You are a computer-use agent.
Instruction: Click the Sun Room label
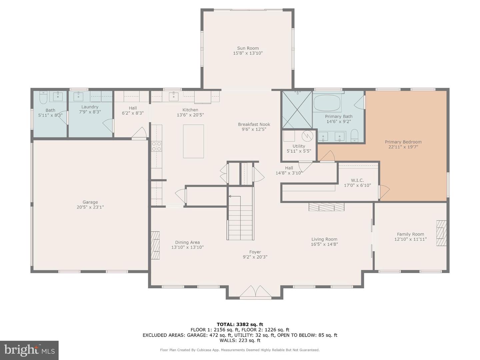click(248, 48)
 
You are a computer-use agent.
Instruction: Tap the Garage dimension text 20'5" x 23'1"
click(90, 207)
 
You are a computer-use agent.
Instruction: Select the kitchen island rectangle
click(193, 141)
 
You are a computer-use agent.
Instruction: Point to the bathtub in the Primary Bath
click(327, 103)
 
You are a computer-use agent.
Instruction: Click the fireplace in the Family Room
click(441, 233)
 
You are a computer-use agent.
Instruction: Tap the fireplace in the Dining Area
click(155, 245)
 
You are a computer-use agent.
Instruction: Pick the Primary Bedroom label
click(403, 142)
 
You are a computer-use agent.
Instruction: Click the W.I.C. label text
click(357, 180)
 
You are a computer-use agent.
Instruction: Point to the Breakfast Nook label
click(254, 124)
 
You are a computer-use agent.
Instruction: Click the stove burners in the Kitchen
click(157, 146)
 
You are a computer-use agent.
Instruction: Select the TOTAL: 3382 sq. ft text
click(240, 324)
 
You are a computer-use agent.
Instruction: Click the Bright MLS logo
click(29, 350)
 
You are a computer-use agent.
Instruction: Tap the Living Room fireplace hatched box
click(326, 207)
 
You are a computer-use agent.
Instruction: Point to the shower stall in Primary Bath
click(297, 110)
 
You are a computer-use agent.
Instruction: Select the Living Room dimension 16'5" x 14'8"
click(324, 244)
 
